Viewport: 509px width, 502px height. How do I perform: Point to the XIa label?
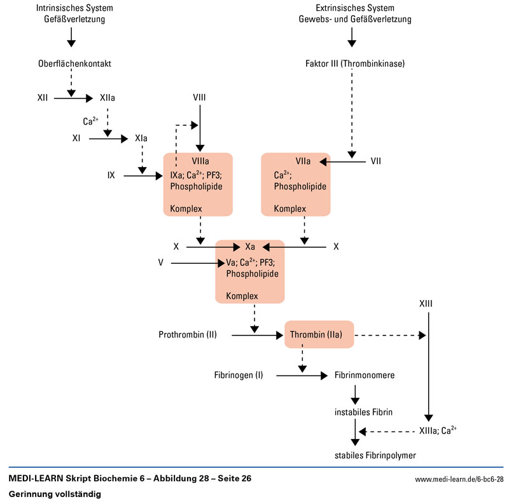[x=141, y=137]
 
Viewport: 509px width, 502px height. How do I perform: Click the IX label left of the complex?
[x=111, y=175]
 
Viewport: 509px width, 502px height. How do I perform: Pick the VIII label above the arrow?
[x=200, y=97]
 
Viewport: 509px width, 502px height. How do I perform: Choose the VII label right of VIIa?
[x=376, y=161]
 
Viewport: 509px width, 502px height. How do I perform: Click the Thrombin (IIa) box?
[x=319, y=334]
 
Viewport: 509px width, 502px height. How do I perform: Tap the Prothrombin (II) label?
[x=188, y=334]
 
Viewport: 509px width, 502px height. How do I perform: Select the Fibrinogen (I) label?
[x=239, y=375]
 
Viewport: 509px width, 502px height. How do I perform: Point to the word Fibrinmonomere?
[x=365, y=375]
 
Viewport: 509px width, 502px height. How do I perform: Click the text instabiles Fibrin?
[x=363, y=412]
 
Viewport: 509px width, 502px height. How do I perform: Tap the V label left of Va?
[x=162, y=262]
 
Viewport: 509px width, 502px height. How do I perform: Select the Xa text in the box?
[x=250, y=245]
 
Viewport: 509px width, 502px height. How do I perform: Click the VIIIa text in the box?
[x=200, y=161]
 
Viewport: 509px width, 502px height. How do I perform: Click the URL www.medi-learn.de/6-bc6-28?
[x=459, y=479]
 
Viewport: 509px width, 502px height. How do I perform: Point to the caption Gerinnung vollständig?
[x=55, y=493]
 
